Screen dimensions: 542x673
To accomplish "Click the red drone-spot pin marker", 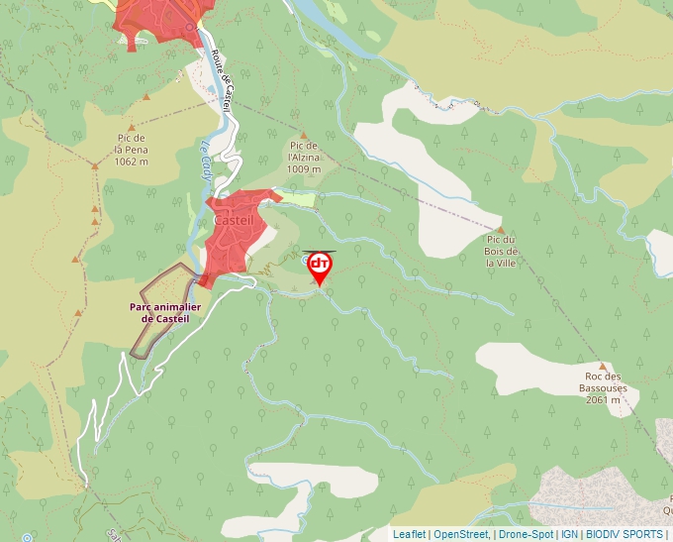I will pyautogui.click(x=320, y=267).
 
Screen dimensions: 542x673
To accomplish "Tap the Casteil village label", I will pyautogui.click(x=235, y=220).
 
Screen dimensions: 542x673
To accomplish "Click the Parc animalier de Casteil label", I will pyautogui.click(x=165, y=312).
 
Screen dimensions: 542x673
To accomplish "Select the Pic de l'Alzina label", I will pyautogui.click(x=304, y=156).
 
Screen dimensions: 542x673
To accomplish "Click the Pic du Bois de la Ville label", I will pyautogui.click(x=502, y=251).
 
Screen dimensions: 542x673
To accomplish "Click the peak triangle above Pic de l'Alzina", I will pyautogui.click(x=304, y=135).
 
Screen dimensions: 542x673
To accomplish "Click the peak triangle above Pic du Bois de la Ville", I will pyautogui.click(x=501, y=230).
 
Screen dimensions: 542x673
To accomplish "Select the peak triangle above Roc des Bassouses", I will pyautogui.click(x=602, y=366).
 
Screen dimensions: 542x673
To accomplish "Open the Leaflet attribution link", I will pyautogui.click(x=409, y=534).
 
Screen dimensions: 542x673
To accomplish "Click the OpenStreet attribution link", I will pyautogui.click(x=461, y=534).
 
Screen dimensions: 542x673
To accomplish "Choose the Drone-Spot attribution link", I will pyautogui.click(x=526, y=534).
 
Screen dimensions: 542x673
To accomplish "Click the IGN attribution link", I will pyautogui.click(x=569, y=534).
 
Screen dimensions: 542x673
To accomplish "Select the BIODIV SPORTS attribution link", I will pyautogui.click(x=624, y=534).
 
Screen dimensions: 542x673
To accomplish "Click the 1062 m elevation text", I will pyautogui.click(x=131, y=162).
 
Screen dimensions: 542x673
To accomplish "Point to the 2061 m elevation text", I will pyautogui.click(x=603, y=400).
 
